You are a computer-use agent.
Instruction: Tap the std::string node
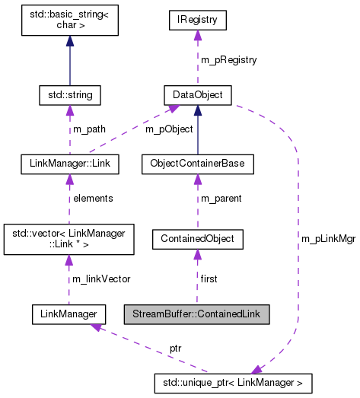[x=70, y=95]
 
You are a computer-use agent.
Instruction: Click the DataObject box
[x=197, y=95]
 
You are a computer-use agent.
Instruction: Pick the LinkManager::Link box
[x=69, y=163]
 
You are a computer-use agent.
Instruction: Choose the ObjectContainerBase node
[x=197, y=163]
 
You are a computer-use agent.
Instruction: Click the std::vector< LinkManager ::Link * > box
[x=69, y=238]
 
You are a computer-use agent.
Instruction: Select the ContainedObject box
[x=197, y=239]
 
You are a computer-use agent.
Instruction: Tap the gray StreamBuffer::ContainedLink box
[x=197, y=313]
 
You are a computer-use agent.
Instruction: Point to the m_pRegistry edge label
[x=229, y=59]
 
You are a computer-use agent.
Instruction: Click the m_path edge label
[x=90, y=129]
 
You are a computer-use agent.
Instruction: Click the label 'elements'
[x=93, y=198]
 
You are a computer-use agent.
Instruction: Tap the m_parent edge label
[x=221, y=198]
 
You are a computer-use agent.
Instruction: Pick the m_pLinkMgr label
[x=328, y=238]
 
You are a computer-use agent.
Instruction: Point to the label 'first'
[x=209, y=279]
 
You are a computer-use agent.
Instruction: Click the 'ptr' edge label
[x=175, y=347]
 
